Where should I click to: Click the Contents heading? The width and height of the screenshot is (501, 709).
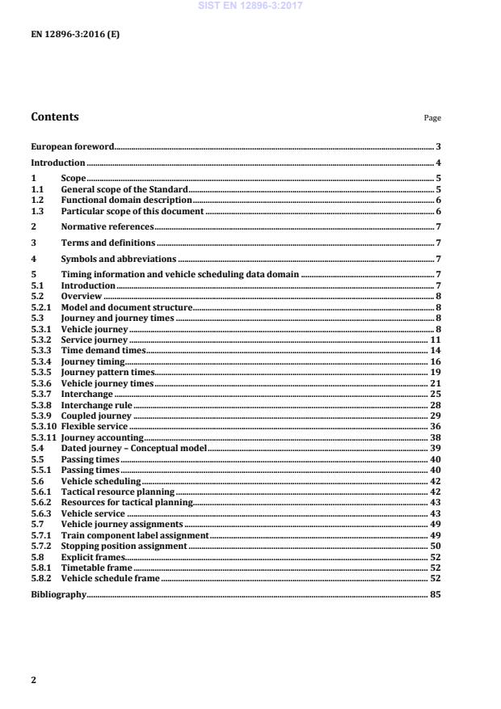(55, 116)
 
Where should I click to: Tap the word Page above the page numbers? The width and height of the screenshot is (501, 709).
(432, 118)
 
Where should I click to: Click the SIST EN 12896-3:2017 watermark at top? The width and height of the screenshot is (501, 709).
(250, 6)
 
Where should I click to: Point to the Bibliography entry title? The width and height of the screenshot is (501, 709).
(58, 594)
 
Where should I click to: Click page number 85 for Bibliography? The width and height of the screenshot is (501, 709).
(435, 594)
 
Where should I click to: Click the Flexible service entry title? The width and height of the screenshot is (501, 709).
(95, 426)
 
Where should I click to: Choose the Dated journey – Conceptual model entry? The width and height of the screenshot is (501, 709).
(134, 447)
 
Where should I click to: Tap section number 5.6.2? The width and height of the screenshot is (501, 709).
(40, 502)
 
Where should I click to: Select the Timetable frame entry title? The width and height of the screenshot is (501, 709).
(96, 568)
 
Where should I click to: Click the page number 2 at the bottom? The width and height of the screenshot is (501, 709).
(33, 680)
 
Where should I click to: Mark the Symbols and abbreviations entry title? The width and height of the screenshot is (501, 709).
(118, 259)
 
